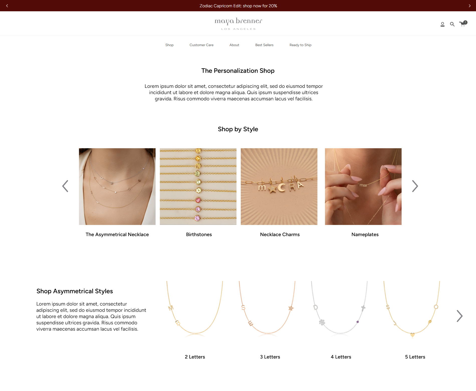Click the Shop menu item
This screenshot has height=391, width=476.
tap(169, 45)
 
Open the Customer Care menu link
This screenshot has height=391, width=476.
tap(201, 45)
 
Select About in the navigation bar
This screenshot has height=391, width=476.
tap(234, 45)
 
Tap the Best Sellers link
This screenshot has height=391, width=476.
tap(264, 45)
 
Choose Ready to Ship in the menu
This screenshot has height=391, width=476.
tap(300, 45)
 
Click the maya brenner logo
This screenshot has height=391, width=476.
tap(238, 24)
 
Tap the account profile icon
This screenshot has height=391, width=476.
tap(442, 24)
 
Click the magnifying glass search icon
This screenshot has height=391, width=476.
tap(452, 24)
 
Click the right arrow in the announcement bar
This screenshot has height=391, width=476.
tap(469, 6)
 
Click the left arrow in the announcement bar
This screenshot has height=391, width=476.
tap(7, 6)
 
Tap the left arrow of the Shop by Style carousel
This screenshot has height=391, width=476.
tap(65, 186)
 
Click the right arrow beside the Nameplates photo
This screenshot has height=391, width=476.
tap(415, 186)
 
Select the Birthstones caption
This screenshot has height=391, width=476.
tap(199, 234)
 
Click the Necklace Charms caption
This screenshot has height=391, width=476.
tap(280, 234)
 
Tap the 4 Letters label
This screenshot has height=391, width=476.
tap(341, 357)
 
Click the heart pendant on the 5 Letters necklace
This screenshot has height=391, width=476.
tap(412, 335)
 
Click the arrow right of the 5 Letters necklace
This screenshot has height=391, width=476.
tap(459, 316)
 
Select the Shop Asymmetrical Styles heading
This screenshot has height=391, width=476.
tap(75, 291)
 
